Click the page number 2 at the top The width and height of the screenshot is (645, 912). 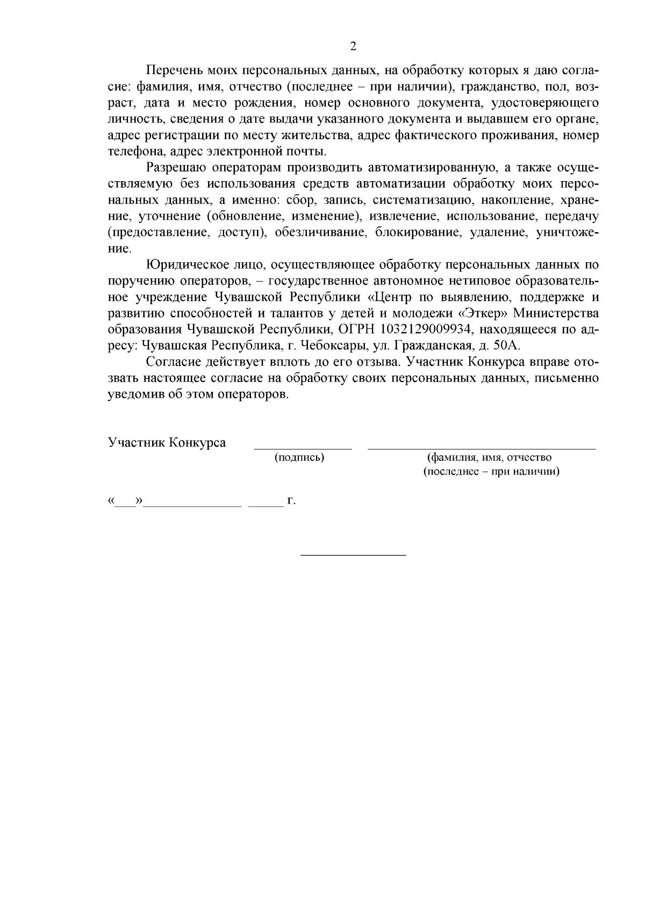click(x=353, y=46)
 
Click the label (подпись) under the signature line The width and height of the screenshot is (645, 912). click(x=299, y=457)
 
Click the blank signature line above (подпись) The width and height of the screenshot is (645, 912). click(x=303, y=447)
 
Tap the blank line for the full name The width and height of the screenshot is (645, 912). click(x=482, y=447)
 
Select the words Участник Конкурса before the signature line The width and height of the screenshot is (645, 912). click(x=167, y=443)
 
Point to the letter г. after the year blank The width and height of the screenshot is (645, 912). click(x=292, y=501)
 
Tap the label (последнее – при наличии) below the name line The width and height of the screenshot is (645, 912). click(x=491, y=472)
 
